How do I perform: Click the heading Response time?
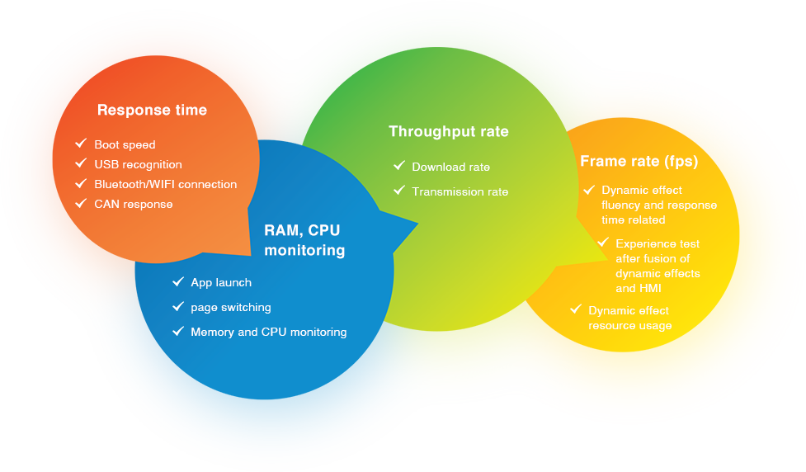[x=152, y=110]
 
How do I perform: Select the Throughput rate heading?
[x=448, y=131]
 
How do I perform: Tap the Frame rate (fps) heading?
[x=639, y=161]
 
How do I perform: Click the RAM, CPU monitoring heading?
[x=304, y=239]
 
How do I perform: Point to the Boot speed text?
[x=125, y=144]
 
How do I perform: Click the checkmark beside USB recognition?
[x=81, y=163]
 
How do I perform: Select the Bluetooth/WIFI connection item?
[x=165, y=184]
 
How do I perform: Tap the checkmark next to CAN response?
[x=81, y=203]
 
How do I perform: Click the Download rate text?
[x=450, y=167]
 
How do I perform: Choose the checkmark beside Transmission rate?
[x=399, y=191]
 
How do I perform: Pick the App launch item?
[x=220, y=282]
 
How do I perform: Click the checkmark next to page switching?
[x=177, y=306]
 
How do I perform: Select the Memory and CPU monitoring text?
[x=268, y=332]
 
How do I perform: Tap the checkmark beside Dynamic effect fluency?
[x=589, y=189]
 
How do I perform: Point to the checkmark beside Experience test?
[x=603, y=243]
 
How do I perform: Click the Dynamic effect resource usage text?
[x=629, y=318]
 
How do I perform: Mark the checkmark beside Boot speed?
[x=81, y=144]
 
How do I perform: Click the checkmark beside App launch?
[x=177, y=281]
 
